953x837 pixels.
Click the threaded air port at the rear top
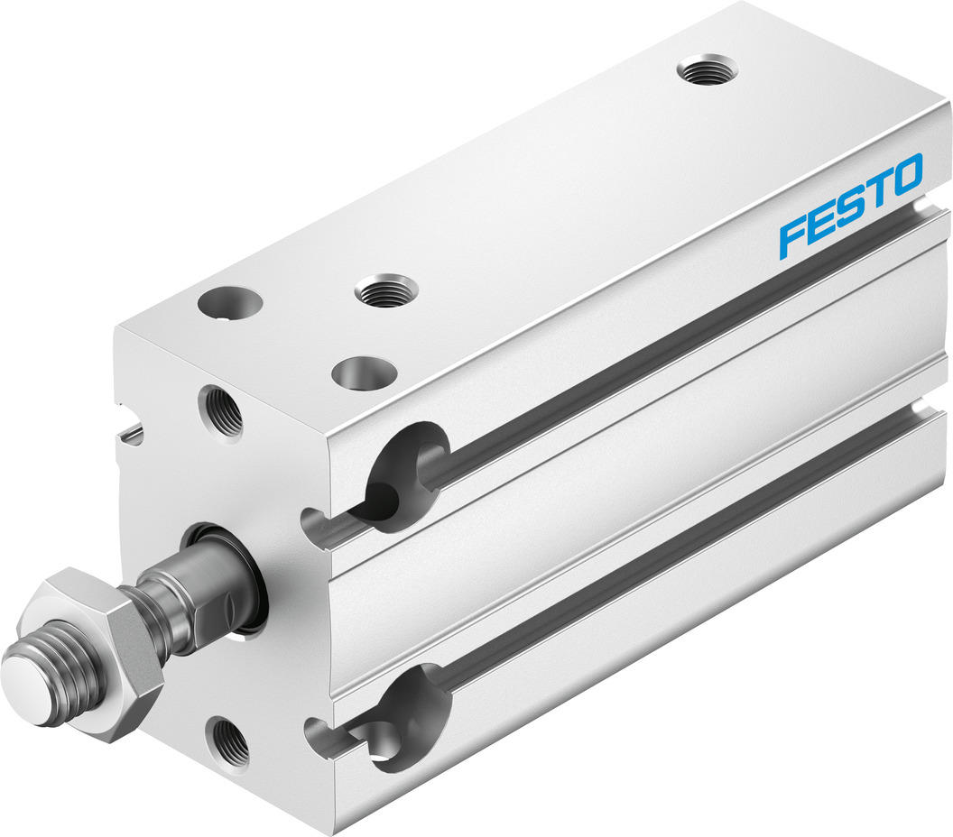click(707, 69)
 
